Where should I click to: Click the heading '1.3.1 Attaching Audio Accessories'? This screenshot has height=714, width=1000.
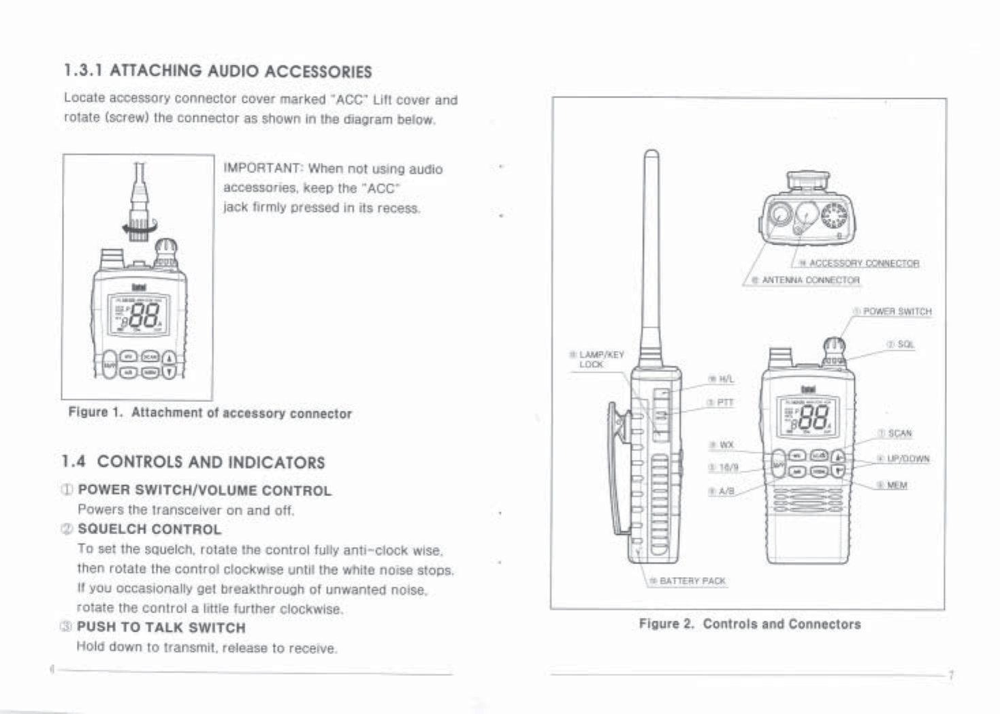tap(218, 71)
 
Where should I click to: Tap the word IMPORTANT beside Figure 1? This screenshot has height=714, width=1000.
tap(262, 169)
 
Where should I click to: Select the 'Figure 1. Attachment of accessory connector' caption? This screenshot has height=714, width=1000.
tap(210, 413)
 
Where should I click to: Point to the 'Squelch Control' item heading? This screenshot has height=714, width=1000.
tap(149, 529)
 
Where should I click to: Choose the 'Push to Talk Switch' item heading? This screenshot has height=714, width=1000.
tap(161, 627)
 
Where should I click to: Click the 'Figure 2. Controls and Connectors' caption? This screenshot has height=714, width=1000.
tap(749, 624)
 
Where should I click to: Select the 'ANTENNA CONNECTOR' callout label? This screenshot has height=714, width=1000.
tap(811, 280)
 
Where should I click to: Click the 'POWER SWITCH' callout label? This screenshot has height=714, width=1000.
tap(897, 311)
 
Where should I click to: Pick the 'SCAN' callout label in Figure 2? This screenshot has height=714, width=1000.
tap(899, 433)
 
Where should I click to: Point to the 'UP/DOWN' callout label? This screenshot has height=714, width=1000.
tap(907, 459)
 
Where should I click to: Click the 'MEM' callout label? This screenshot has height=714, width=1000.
tap(897, 485)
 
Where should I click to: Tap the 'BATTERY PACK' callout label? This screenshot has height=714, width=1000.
tap(692, 581)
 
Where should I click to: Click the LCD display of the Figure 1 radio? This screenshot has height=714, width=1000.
tap(140, 314)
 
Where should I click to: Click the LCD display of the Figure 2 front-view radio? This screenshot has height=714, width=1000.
tap(808, 416)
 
